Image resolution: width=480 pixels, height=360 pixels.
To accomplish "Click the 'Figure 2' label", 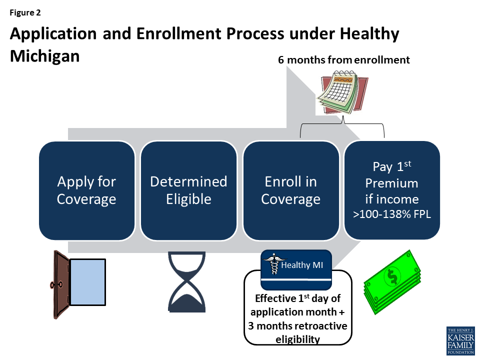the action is [25, 12].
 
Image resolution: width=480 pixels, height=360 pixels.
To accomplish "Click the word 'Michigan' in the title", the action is [44, 56].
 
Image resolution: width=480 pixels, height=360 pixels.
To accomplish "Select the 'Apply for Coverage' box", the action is [86, 190].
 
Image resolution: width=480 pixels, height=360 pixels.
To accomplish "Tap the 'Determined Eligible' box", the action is [188, 190].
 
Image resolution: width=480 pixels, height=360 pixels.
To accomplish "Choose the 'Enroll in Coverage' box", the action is [291, 190].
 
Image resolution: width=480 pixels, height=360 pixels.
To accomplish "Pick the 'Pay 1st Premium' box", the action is [392, 190].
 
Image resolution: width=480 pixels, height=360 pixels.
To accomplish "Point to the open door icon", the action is [78, 284].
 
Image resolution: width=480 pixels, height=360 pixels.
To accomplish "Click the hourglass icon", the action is [186, 282].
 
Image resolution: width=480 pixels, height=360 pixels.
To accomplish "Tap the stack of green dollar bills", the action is [392, 282].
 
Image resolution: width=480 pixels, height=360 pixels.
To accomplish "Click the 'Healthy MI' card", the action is [296, 269].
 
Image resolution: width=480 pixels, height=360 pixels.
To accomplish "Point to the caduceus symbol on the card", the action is [273, 263].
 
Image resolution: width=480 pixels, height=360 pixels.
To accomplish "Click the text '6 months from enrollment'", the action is [344, 59].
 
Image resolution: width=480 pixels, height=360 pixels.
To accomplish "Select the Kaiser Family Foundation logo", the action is [460, 340].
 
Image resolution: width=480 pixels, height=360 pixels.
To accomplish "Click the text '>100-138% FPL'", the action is [392, 214].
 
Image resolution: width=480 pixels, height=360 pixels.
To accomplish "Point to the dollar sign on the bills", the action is [392, 276].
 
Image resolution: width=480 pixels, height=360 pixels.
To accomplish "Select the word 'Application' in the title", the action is [53, 34].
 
